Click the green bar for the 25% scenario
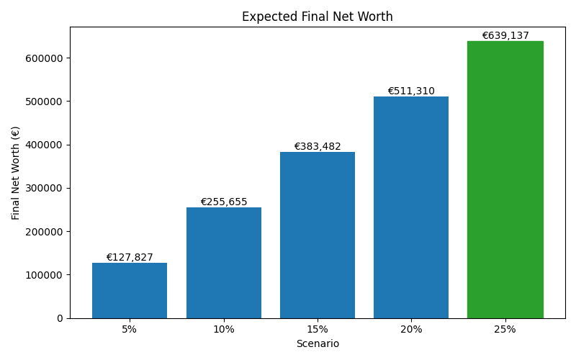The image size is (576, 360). click(505, 180)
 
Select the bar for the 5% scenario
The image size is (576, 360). click(130, 291)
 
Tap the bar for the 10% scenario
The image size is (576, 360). click(223, 263)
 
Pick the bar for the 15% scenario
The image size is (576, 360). click(318, 235)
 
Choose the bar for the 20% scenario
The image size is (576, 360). click(411, 207)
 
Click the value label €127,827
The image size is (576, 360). click(130, 258)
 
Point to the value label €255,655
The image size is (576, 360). click(223, 202)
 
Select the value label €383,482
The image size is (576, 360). click(318, 147)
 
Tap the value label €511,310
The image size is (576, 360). click(411, 91)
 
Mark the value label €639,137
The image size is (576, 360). click(505, 36)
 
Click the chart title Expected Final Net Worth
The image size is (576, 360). click(318, 17)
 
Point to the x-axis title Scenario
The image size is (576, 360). click(318, 344)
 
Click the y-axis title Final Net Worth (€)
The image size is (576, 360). click(16, 173)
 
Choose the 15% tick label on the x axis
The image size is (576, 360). click(318, 330)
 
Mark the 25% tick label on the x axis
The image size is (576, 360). click(505, 330)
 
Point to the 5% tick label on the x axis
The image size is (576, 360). click(130, 330)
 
